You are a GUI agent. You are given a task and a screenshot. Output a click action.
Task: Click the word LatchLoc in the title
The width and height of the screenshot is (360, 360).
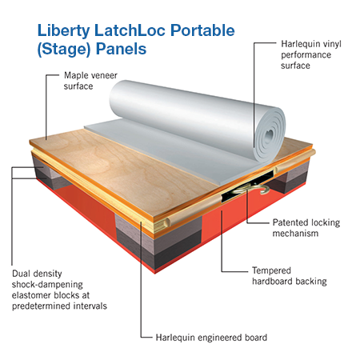click(x=130, y=30)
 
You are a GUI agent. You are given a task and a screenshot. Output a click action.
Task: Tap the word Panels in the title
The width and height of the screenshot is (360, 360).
click(x=121, y=49)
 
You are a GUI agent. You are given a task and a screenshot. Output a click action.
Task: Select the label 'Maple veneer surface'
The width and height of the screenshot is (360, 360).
click(x=90, y=81)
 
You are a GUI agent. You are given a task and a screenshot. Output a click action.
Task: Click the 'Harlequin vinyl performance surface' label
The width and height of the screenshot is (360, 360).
click(x=311, y=54)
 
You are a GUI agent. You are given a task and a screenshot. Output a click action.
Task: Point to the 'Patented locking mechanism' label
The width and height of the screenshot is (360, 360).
click(x=306, y=228)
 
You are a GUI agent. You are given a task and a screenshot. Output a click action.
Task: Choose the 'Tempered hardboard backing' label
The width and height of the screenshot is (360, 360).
click(x=290, y=276)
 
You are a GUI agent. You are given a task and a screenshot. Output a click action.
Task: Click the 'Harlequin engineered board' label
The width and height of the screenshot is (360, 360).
click(x=211, y=338)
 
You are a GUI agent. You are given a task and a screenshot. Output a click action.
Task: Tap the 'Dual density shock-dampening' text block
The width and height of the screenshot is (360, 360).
click(x=59, y=290)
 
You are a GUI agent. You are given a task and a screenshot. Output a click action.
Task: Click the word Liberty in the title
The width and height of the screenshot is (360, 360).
click(x=63, y=30)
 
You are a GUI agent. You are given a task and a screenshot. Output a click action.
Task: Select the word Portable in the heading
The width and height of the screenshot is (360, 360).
click(x=202, y=30)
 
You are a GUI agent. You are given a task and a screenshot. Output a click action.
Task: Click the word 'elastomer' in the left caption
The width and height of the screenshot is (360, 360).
click(x=32, y=295)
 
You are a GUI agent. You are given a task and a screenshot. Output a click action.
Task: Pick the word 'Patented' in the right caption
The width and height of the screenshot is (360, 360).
click(x=290, y=222)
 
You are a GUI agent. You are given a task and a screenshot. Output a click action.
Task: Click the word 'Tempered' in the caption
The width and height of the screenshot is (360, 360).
click(x=271, y=270)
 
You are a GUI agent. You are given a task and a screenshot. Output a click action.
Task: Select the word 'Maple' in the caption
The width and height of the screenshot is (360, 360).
click(x=75, y=76)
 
